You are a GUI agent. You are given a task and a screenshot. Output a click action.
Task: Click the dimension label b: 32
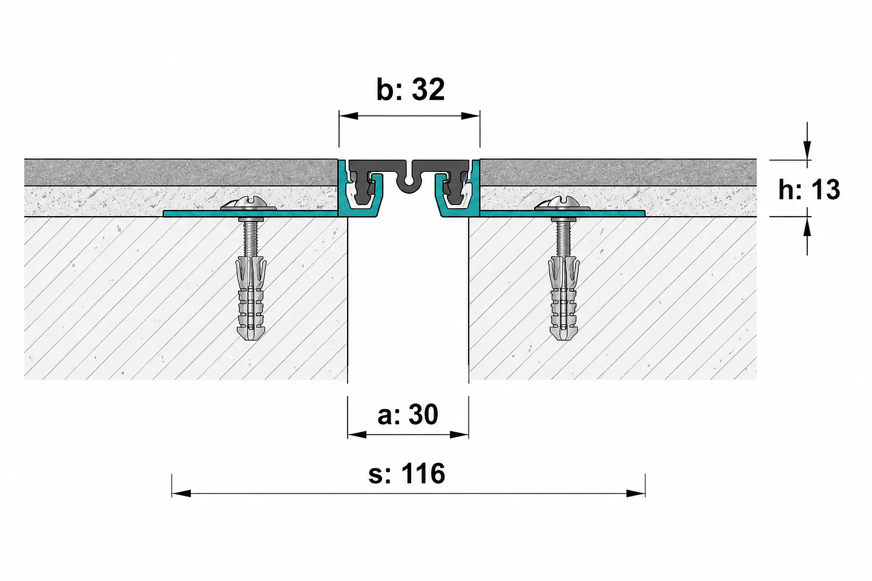coord(411,90)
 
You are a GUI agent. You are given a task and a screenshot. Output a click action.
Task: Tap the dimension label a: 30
coord(408,414)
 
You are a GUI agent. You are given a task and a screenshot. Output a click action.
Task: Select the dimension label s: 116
coord(406,473)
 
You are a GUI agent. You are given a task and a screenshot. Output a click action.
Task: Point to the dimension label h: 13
coord(809,189)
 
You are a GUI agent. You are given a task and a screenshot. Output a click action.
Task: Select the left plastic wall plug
coord(251,297)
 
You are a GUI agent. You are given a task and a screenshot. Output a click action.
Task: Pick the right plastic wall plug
coord(563,297)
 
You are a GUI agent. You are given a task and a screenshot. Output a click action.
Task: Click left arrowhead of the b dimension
coord(348,116)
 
